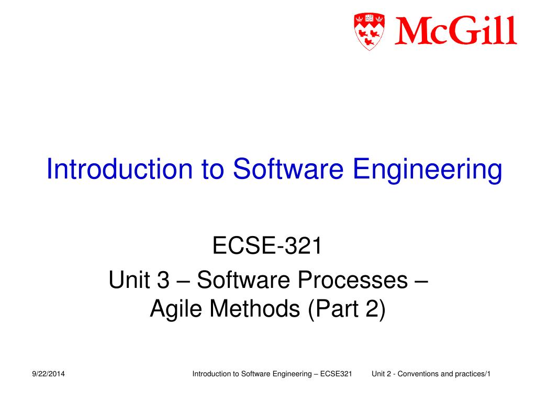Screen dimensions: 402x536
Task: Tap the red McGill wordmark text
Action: [x=455, y=31]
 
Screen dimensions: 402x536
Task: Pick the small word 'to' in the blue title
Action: [x=212, y=170]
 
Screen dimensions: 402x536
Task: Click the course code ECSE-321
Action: [x=267, y=247]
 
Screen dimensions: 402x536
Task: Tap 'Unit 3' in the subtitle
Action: [x=139, y=281]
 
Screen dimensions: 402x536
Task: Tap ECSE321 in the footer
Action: [x=336, y=374]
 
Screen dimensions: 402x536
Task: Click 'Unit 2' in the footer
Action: [x=382, y=374]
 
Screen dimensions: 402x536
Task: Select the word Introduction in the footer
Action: [x=211, y=374]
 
